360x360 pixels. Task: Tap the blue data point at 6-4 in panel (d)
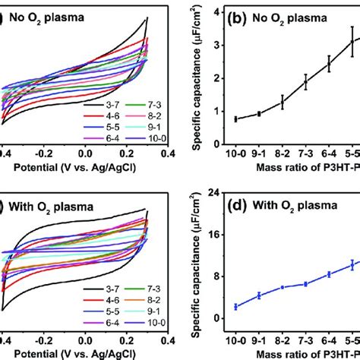(x=329, y=274)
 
